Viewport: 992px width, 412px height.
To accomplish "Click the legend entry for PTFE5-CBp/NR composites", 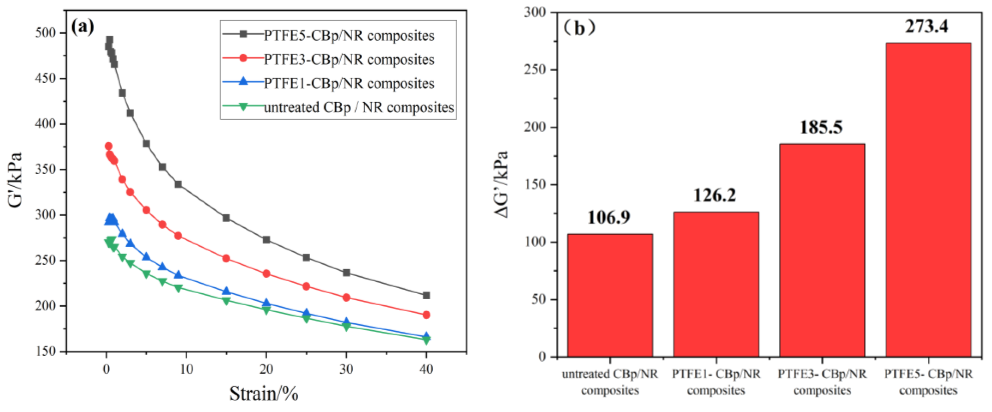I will [x=349, y=35].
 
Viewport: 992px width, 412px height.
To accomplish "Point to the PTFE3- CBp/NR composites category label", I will [x=822, y=382].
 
